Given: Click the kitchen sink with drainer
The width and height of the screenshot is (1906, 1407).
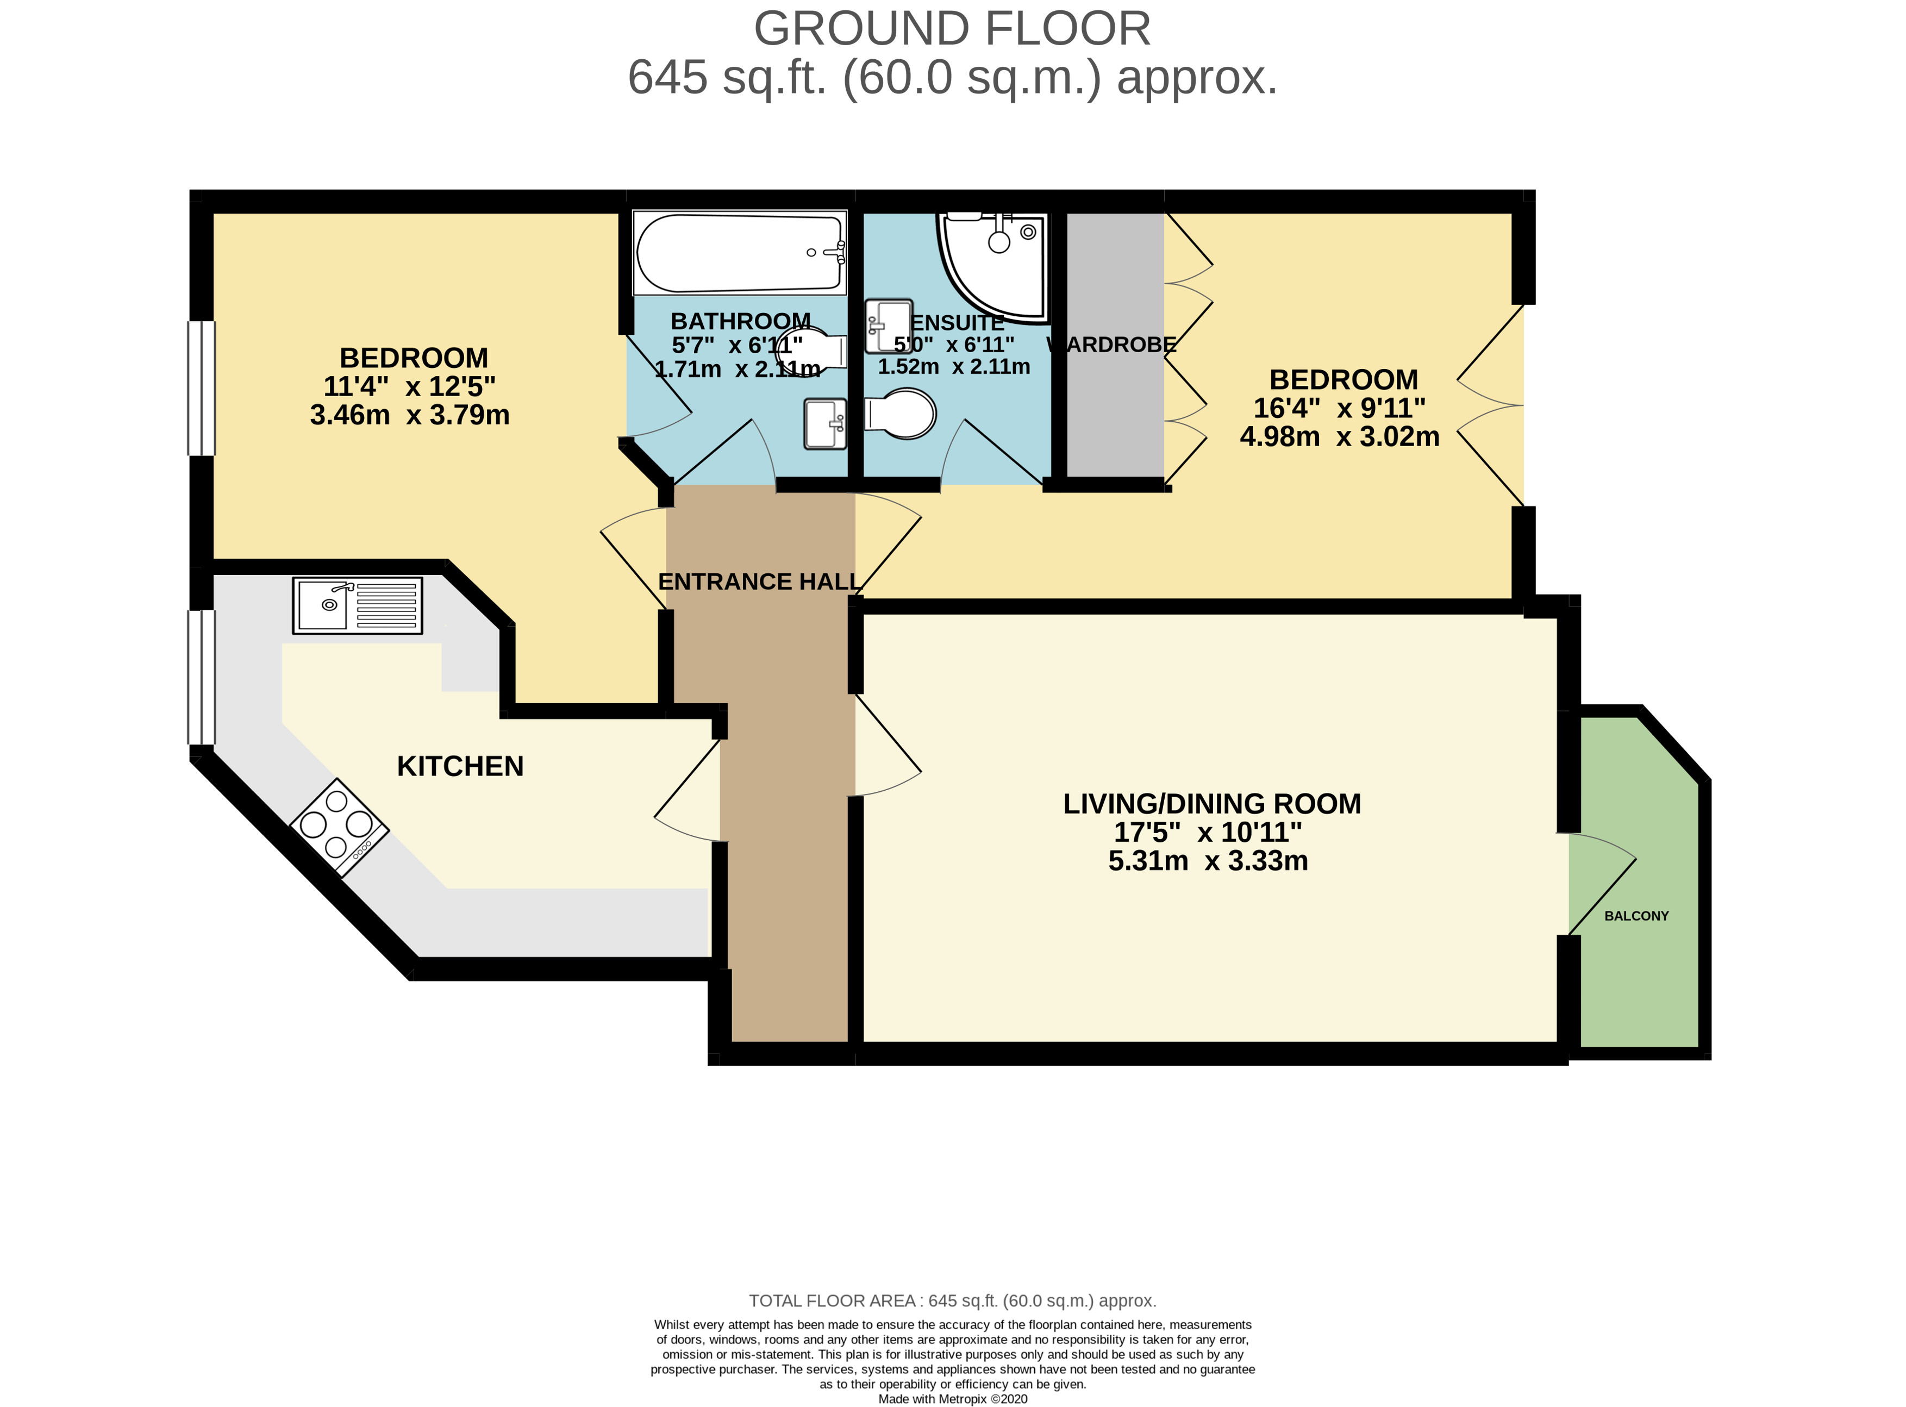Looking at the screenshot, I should point(358,605).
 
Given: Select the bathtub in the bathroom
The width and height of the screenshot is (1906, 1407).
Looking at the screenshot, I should point(739,252).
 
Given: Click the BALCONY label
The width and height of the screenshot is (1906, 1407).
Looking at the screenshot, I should point(1636,916).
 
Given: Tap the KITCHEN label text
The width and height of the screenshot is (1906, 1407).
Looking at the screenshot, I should point(460,766).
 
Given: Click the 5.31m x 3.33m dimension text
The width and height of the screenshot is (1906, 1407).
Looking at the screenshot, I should point(1208,861).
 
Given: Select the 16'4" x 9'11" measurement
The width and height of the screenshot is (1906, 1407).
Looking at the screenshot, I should point(1339,408).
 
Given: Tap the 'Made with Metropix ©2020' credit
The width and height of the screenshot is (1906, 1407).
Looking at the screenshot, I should point(952,1398).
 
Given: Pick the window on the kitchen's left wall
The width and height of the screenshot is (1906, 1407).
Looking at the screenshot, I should point(202,677).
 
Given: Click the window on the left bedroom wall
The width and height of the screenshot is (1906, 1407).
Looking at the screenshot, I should point(202,389).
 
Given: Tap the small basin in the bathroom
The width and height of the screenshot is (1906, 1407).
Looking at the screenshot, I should point(824,424).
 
